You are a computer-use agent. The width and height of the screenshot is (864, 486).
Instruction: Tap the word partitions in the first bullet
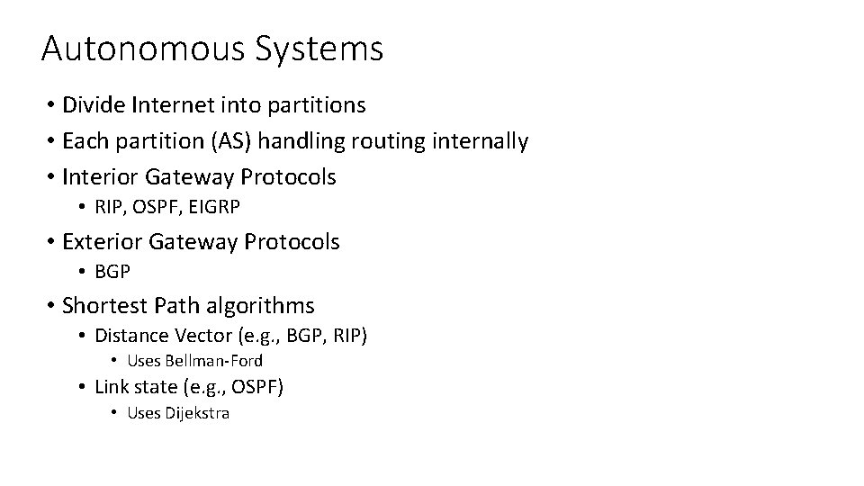click(316, 106)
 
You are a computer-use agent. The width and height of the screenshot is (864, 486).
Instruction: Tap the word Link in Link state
click(109, 387)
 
